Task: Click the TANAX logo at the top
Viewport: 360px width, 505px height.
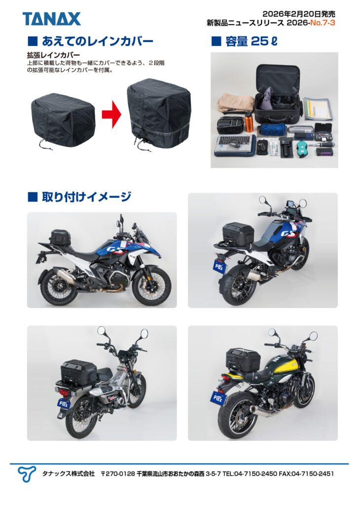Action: click(51, 19)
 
